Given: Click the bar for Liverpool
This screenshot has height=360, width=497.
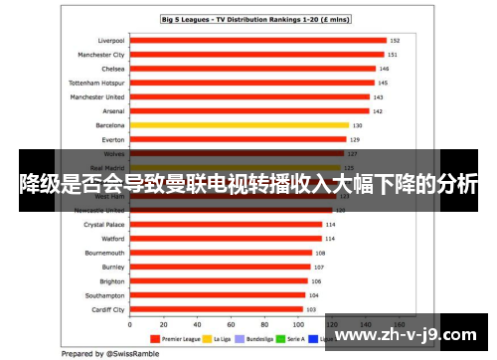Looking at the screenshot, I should pos(257,41).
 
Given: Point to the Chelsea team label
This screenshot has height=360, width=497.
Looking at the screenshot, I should pos(112,70).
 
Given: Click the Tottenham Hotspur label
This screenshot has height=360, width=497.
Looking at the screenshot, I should pos(96,84).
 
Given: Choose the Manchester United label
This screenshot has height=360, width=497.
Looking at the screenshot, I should pos(97,97).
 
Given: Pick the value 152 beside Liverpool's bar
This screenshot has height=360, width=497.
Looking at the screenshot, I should pos(395,41).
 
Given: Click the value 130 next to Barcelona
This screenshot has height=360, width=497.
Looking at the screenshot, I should pos(357,125).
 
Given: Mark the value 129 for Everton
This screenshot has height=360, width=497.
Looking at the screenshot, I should pos(355,140).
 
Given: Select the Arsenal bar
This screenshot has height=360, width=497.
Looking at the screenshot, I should pos(248,111).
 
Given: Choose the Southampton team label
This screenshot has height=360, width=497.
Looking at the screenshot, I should pos(105,295).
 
